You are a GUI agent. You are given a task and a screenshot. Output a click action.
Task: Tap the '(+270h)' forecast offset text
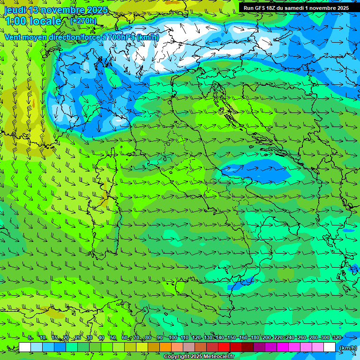click(83, 21)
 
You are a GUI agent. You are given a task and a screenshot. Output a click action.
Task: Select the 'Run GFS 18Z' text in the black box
click(260, 8)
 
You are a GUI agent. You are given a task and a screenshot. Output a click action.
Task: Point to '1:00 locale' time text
click(33, 21)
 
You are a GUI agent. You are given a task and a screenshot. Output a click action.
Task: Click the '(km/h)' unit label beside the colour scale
click(348, 347)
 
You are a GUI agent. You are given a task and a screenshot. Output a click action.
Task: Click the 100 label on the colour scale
click(173, 337)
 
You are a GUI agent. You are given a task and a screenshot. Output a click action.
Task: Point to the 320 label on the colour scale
click(337, 337)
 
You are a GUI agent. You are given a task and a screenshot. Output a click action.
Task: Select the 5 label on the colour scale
click(30, 337)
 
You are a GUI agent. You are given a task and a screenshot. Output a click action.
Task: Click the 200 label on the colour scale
click(267, 337)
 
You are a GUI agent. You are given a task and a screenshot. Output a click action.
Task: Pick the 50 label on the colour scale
click(113, 337)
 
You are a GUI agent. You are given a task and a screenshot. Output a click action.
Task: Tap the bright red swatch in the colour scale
click(224, 347)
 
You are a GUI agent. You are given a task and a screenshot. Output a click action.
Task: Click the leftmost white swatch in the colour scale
click(25, 347)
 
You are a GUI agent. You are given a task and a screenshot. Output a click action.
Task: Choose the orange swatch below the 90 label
click(165, 347)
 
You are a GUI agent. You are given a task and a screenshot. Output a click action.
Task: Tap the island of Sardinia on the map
click(104, 223)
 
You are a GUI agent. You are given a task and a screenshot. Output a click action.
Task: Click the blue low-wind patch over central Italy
click(253, 172)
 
